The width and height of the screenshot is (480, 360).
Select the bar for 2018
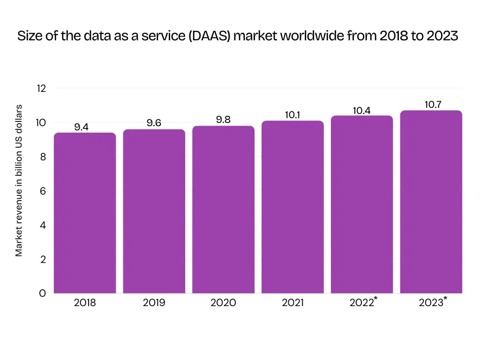(x=85, y=213)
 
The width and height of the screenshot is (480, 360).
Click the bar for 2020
(x=223, y=210)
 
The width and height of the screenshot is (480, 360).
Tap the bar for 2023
(x=431, y=202)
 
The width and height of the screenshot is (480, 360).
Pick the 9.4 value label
(x=81, y=127)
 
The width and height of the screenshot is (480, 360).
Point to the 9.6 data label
(x=154, y=123)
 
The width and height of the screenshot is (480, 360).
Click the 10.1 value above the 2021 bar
(x=292, y=115)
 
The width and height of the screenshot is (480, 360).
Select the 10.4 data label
(x=362, y=111)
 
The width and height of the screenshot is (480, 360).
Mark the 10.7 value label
(x=433, y=105)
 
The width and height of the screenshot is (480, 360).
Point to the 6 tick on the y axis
(x=43, y=191)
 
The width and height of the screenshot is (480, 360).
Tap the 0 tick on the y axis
(x=43, y=293)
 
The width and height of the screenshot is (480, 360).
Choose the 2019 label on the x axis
(x=154, y=303)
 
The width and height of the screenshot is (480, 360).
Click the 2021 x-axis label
(x=292, y=303)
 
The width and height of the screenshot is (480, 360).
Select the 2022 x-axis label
(x=361, y=303)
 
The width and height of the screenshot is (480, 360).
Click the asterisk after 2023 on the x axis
(x=445, y=299)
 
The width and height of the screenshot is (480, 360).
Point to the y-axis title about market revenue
(x=19, y=180)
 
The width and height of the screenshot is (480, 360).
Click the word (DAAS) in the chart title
(x=210, y=36)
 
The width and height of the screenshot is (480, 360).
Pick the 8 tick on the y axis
(x=43, y=157)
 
